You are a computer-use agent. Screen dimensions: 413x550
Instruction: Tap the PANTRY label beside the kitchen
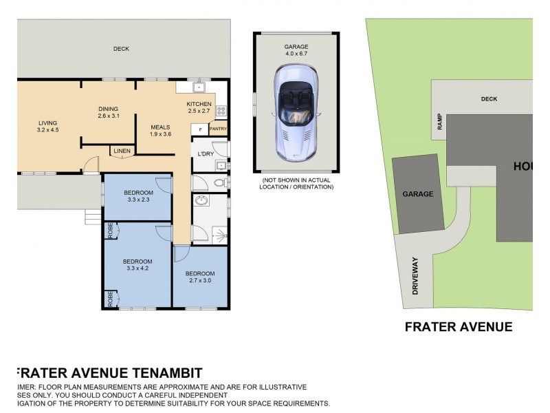pyautogui.click(x=218, y=129)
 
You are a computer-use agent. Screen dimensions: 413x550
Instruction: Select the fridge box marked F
pyautogui.click(x=200, y=129)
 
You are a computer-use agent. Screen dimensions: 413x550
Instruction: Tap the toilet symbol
pyautogui.click(x=219, y=183)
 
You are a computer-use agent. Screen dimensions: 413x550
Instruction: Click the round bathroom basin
pyautogui.click(x=202, y=201)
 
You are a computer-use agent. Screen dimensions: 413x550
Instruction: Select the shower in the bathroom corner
pyautogui.click(x=219, y=234)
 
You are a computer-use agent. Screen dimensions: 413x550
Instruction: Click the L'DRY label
pyautogui.click(x=205, y=153)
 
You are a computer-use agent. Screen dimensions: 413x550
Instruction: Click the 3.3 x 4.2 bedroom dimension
pyautogui.click(x=137, y=268)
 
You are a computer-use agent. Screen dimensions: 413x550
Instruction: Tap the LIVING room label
pyautogui.click(x=48, y=123)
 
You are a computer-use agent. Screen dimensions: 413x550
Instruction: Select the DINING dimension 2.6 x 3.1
pyautogui.click(x=108, y=116)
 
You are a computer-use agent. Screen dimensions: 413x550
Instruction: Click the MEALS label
pyautogui.click(x=160, y=127)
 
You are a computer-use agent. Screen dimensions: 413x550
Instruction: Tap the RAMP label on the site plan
pyautogui.click(x=440, y=121)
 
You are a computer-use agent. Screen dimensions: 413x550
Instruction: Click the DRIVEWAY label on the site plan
pyautogui.click(x=415, y=276)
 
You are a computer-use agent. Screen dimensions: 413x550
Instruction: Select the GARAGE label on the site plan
pyautogui.click(x=417, y=194)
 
